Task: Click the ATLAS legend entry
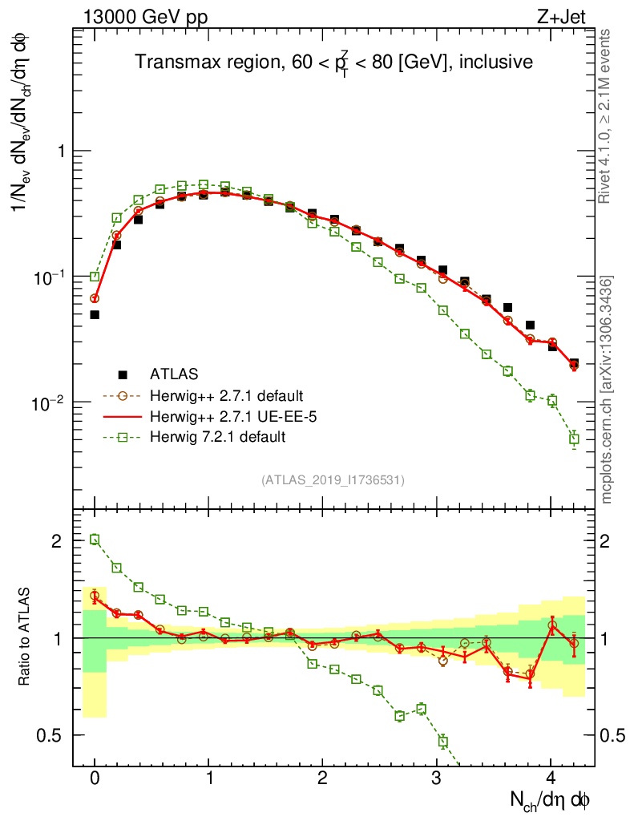[x=172, y=374]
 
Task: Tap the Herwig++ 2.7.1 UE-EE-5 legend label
[x=225, y=416]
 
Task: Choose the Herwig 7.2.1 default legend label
[x=217, y=437]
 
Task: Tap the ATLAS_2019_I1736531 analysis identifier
[x=333, y=480]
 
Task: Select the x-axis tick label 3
[x=436, y=779]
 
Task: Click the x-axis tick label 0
[x=95, y=779]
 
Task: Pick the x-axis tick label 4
[x=550, y=779]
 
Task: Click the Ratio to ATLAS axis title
[x=25, y=637]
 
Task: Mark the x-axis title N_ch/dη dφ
[x=551, y=799]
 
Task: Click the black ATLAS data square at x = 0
[x=95, y=315]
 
